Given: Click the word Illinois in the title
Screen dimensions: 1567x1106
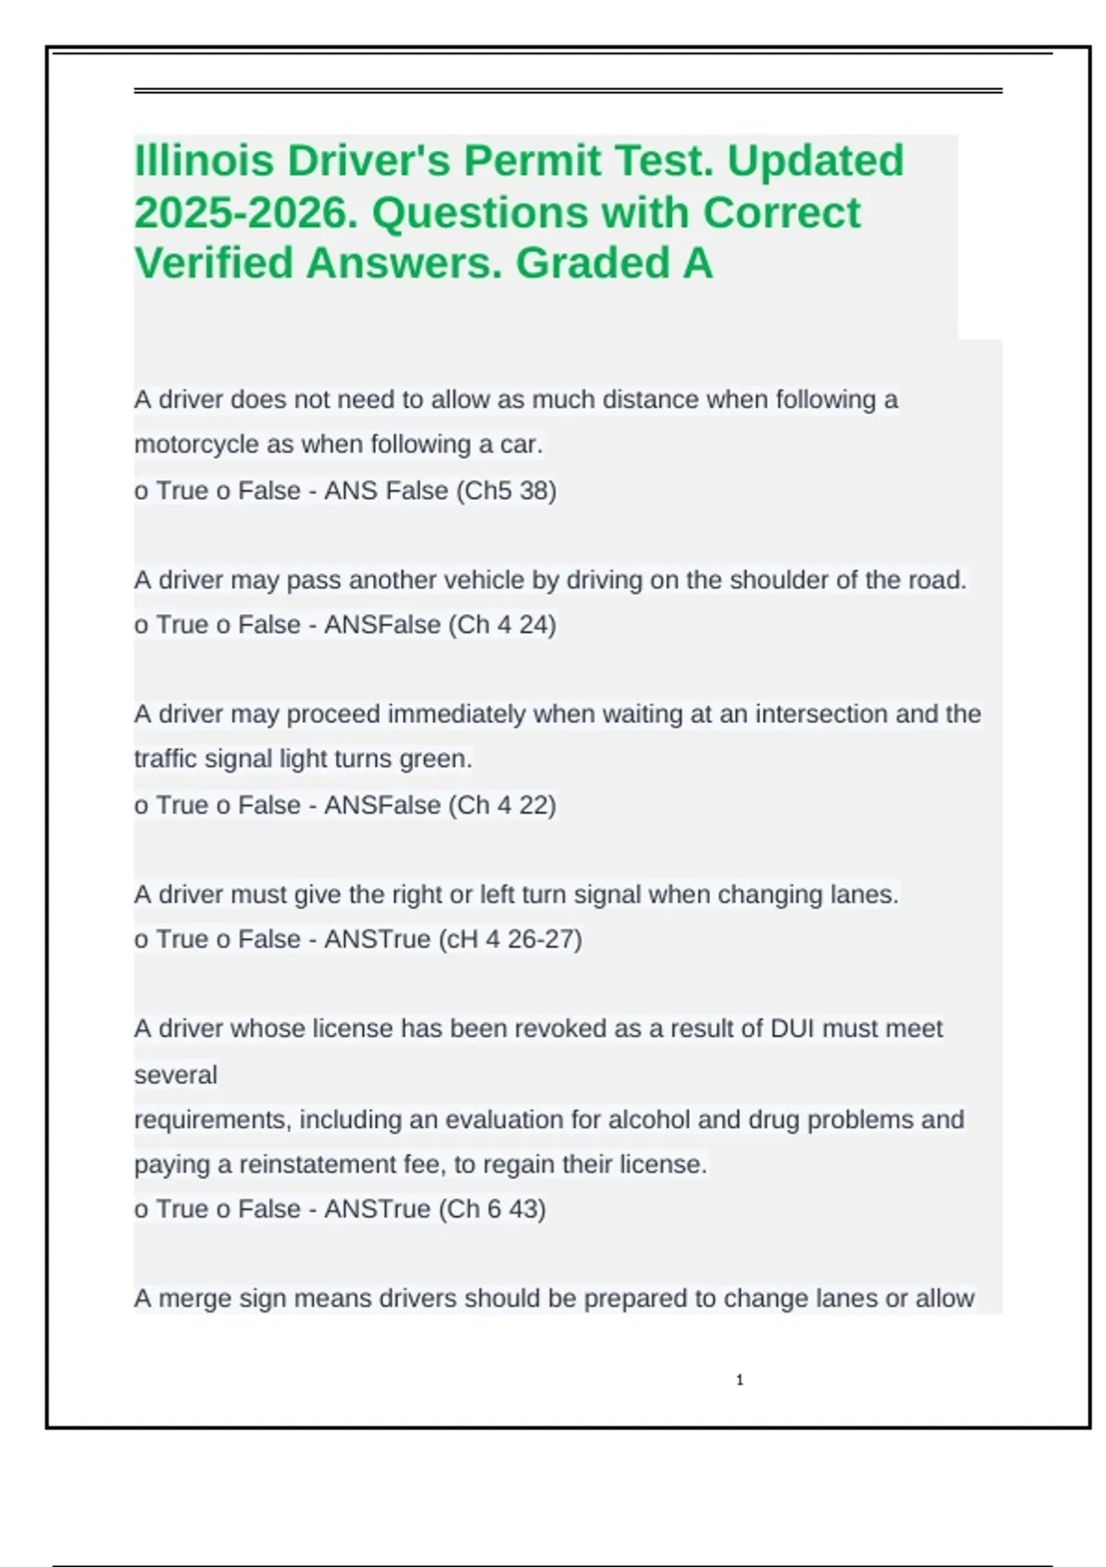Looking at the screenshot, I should (x=204, y=160).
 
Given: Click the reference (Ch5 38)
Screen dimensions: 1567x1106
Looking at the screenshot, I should (x=506, y=490).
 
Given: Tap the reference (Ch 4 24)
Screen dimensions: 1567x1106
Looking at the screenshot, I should (x=502, y=625).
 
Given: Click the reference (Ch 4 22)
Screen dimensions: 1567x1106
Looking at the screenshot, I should (x=502, y=805).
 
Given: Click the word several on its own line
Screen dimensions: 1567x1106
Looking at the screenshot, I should (x=176, y=1075).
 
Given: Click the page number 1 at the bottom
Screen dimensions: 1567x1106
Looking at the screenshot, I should (x=740, y=1380).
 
